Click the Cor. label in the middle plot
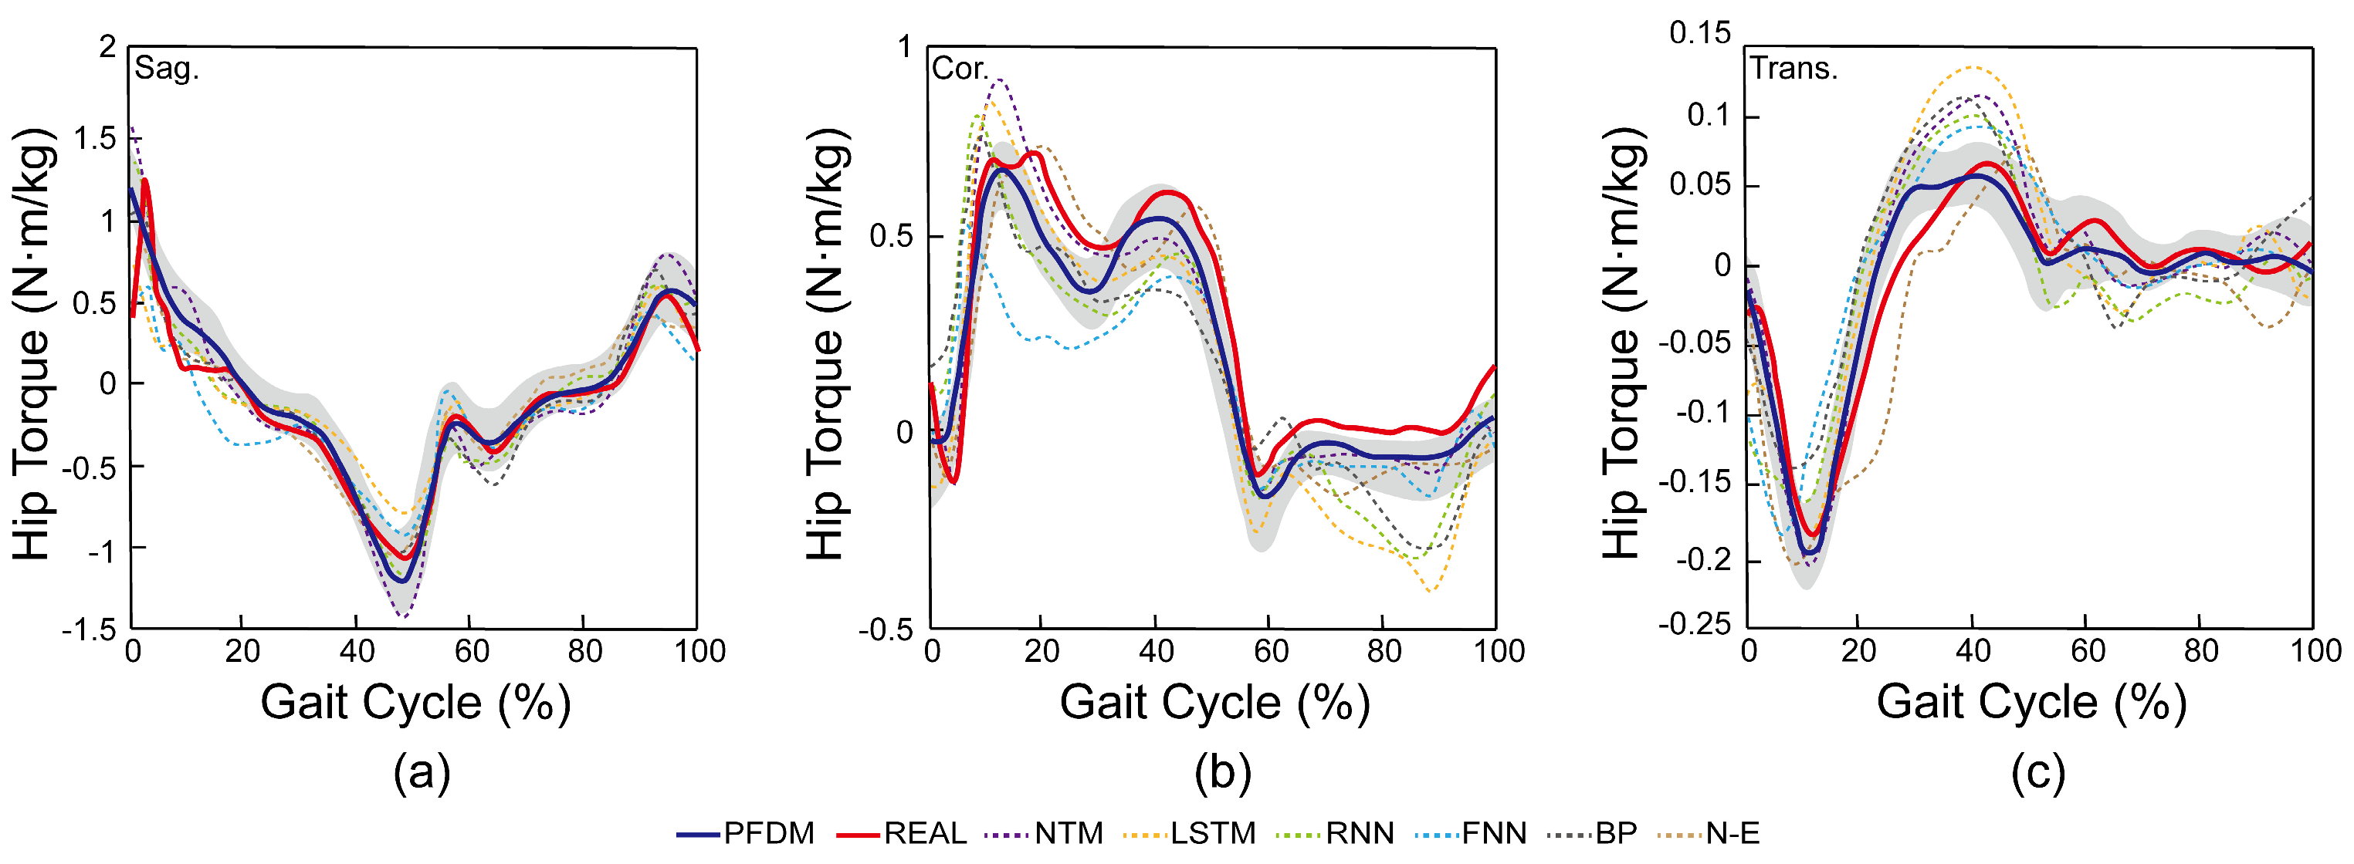tap(959, 69)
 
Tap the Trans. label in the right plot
tap(1793, 69)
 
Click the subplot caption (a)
tap(422, 773)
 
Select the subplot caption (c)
tap(2037, 773)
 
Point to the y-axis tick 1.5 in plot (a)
tap(95, 139)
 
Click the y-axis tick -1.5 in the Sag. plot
tap(89, 630)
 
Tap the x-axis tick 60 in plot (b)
tap(1270, 651)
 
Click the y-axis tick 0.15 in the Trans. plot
tap(1700, 34)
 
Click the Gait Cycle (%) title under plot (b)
tap(1214, 704)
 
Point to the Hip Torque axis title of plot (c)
tap(1623, 343)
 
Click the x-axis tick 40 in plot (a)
tap(357, 651)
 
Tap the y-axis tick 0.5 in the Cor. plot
tap(890, 237)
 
